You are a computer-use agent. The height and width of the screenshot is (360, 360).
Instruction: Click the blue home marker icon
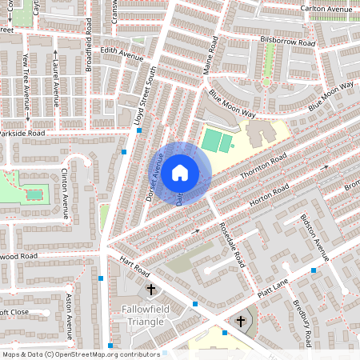point(180,173)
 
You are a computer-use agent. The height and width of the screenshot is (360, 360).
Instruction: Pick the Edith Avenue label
point(122,58)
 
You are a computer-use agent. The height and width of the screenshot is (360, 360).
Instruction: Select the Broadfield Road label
point(89,46)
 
